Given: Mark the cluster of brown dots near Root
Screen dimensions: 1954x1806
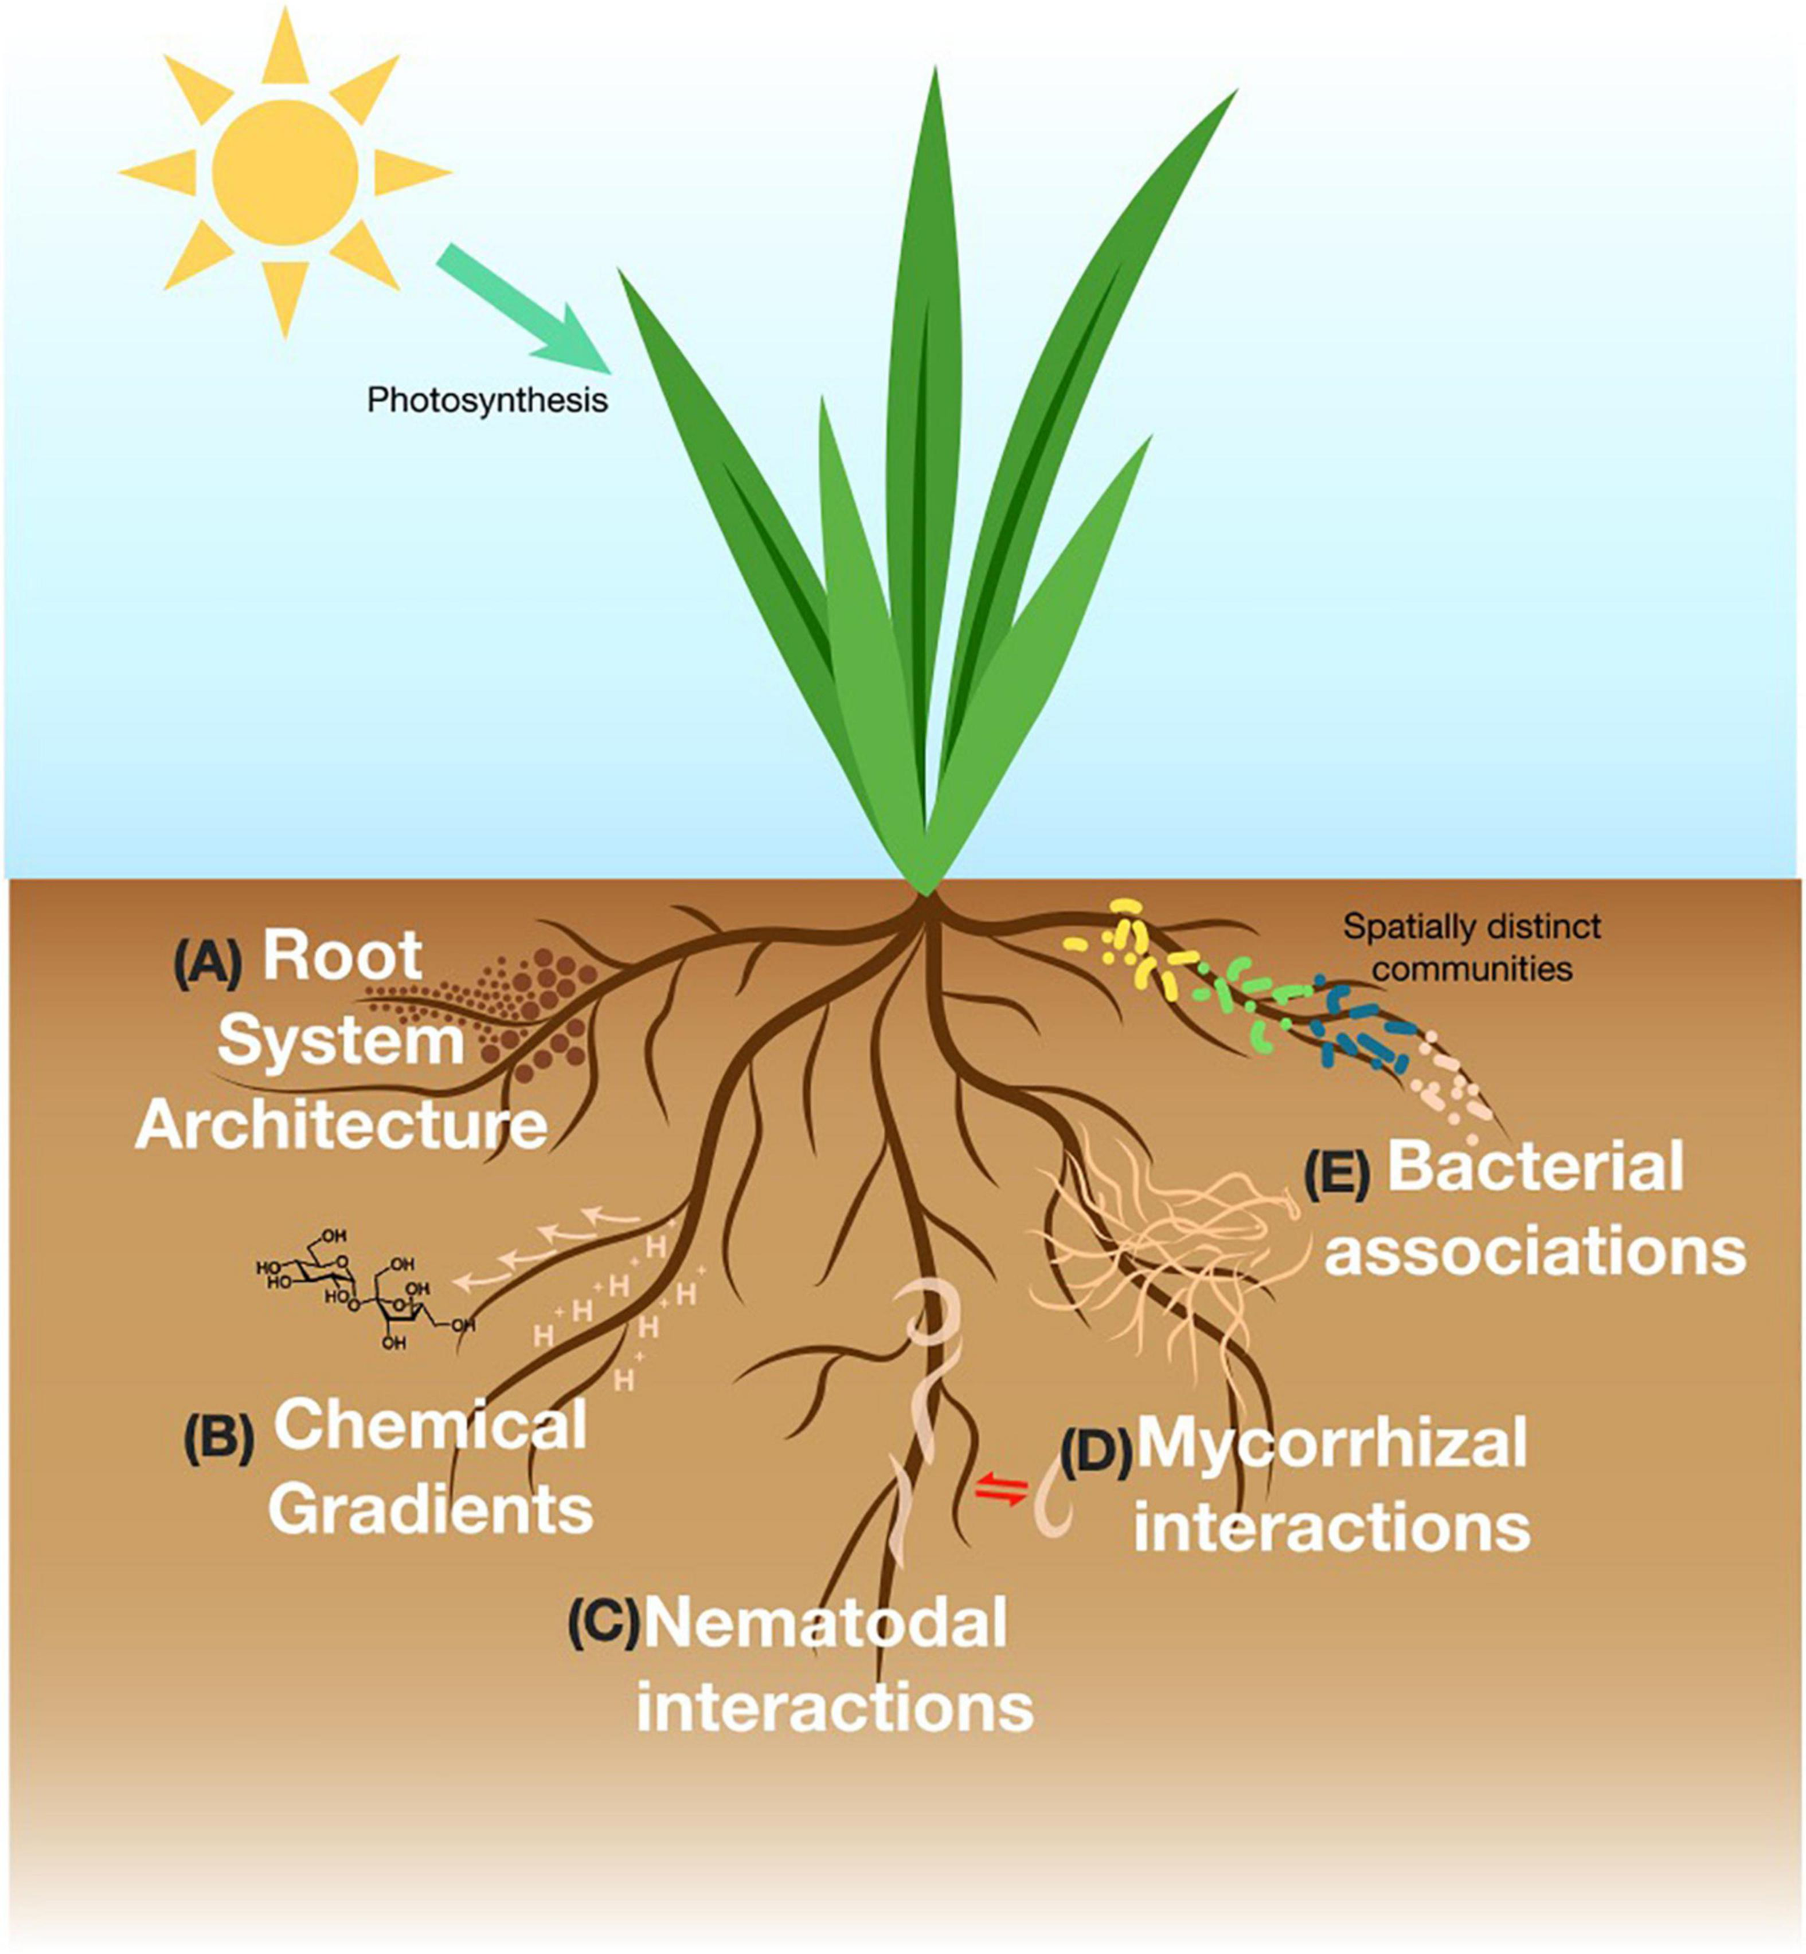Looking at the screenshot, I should point(533,1011).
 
